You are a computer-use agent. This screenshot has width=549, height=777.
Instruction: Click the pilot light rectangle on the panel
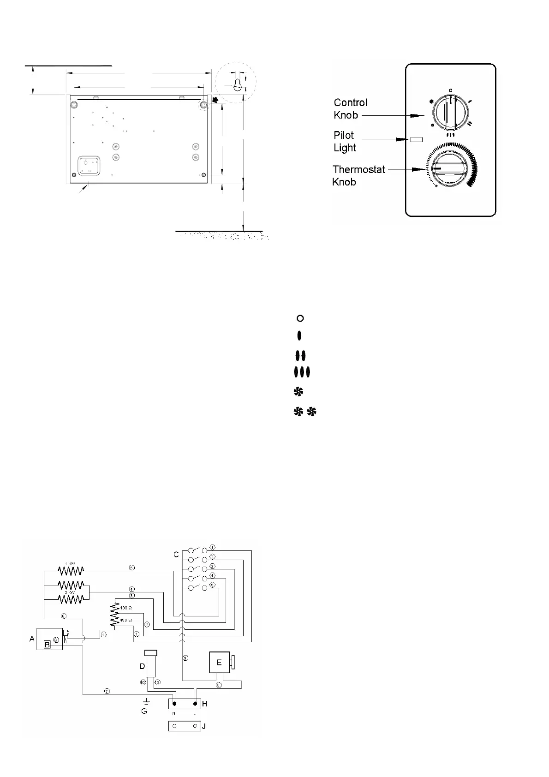(417, 139)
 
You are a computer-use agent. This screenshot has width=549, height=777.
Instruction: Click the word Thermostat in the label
(358, 169)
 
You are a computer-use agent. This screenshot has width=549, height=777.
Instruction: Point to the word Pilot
(344, 135)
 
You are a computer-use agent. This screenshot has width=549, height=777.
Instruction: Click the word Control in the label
(350, 102)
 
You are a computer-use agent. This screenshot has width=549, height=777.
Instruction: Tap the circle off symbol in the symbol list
(300, 318)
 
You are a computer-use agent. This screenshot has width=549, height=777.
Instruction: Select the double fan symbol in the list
(305, 412)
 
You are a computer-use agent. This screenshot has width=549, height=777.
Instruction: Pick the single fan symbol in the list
(298, 392)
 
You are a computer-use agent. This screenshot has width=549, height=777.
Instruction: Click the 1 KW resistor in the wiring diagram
(71, 570)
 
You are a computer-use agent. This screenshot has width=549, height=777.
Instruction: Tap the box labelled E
(220, 663)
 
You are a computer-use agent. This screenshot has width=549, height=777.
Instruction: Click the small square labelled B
(47, 645)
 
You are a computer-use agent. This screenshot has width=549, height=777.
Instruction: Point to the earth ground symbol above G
(146, 701)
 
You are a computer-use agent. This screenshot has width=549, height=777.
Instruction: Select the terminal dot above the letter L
(195, 704)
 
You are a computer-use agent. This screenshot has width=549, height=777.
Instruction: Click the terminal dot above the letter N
(174, 704)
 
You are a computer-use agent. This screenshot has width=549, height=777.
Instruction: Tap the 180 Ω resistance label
(126, 608)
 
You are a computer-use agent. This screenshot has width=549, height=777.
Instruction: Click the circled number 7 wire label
(107, 692)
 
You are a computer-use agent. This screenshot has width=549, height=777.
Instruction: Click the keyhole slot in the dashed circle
(237, 85)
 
